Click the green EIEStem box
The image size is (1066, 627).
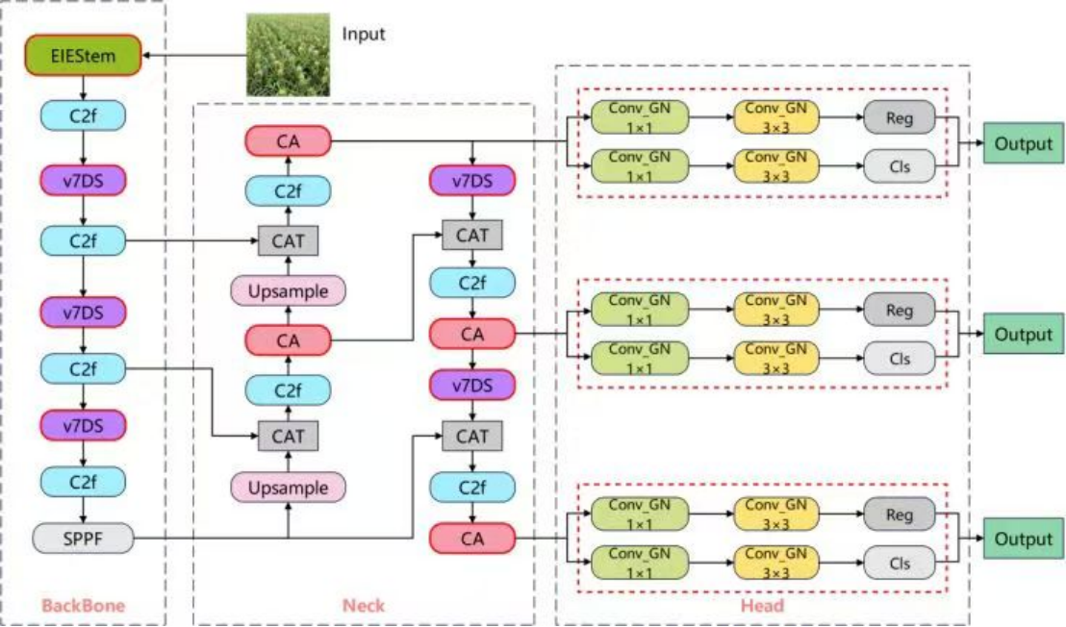click(x=83, y=57)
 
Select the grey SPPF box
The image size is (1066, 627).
click(x=83, y=539)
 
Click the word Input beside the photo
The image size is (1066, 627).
click(x=364, y=35)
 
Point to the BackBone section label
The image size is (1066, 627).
click(x=84, y=606)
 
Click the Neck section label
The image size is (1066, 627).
click(x=364, y=606)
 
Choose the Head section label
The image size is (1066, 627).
click(x=762, y=606)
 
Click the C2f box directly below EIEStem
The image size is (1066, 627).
click(x=83, y=116)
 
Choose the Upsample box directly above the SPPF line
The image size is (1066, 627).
click(x=288, y=489)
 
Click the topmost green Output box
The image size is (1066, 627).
click(x=1024, y=144)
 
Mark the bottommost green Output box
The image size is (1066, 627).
click(x=1024, y=539)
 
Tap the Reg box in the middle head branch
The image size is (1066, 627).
click(x=899, y=310)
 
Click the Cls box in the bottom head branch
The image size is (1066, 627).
click(x=899, y=563)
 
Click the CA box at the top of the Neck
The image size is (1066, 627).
click(x=288, y=142)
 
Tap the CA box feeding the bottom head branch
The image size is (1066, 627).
click(x=471, y=539)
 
